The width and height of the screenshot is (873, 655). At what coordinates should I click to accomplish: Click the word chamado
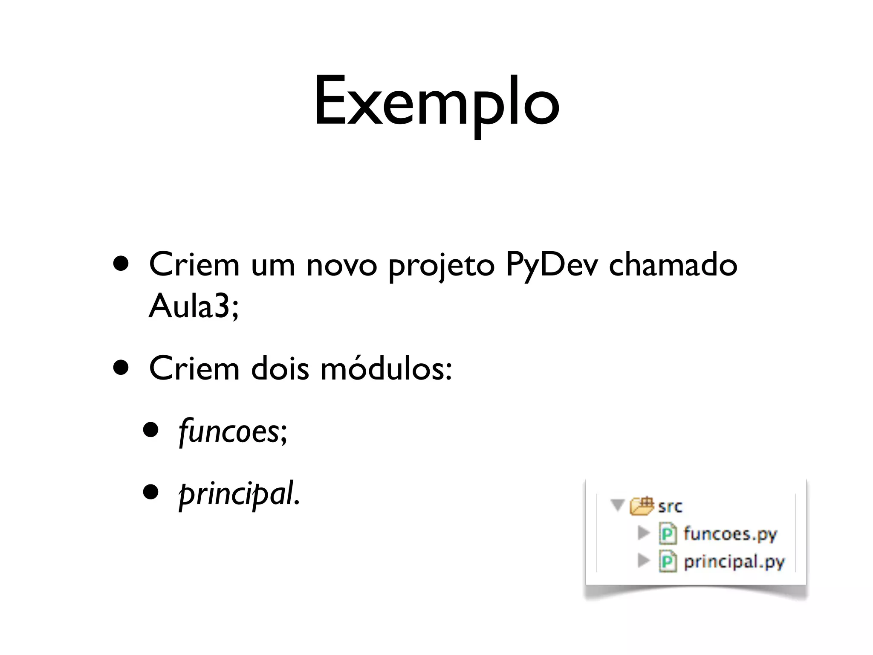[673, 264]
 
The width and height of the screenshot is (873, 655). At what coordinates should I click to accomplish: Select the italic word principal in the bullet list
[237, 493]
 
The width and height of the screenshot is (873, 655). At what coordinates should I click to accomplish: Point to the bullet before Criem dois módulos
[121, 368]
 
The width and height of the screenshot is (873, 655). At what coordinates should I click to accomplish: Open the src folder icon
[642, 506]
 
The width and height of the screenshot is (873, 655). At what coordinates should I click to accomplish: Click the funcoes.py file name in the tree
[730, 534]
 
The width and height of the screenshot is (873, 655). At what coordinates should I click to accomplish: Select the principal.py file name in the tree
[734, 562]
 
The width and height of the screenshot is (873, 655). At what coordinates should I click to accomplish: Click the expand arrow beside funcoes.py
[643, 533]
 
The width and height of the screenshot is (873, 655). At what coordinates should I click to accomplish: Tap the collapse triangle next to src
[617, 505]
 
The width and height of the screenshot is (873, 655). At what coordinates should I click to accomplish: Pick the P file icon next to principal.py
[668, 561]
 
